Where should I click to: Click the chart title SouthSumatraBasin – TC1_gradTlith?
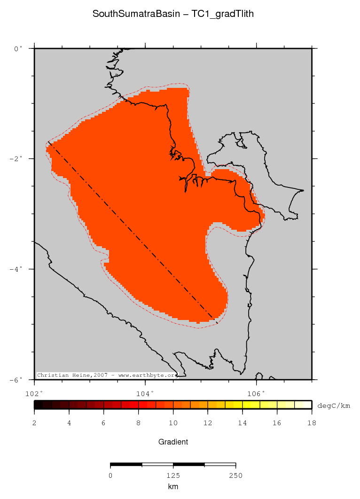tap(173, 14)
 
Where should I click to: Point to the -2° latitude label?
tap(16, 159)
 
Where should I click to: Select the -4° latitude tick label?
tap(16, 269)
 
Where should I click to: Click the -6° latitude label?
tap(16, 380)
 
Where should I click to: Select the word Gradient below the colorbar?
tap(173, 442)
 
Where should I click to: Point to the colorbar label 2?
tap(34, 423)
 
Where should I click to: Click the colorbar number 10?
tap(173, 423)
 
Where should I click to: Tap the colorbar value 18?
tap(311, 423)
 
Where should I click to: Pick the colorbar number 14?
tap(242, 423)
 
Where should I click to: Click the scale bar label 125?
tap(173, 476)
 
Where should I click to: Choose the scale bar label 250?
tap(235, 476)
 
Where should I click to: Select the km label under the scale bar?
tap(173, 487)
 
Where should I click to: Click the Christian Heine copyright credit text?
tap(107, 375)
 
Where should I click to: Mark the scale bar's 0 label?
tap(110, 476)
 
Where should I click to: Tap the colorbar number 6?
tap(104, 423)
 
